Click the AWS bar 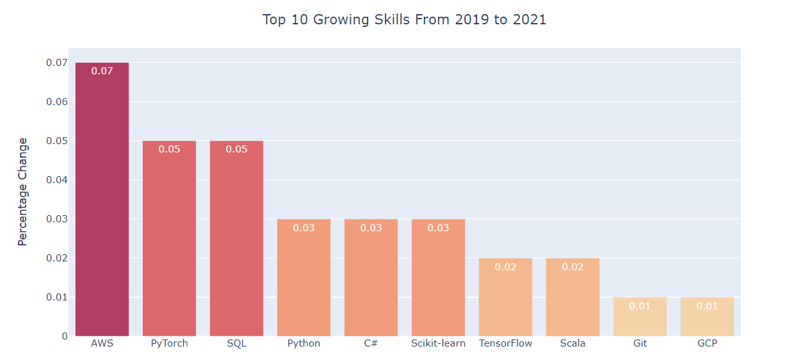coord(102,205)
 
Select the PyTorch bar coord(169,243)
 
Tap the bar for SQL coord(236,243)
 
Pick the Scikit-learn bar coord(438,282)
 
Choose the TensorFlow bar coord(505,301)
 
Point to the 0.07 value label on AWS coord(102,71)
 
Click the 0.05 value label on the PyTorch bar coord(169,149)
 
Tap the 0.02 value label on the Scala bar coord(573,267)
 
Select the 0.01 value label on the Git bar coord(640,306)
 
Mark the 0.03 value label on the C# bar coord(371,228)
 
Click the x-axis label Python coord(304,343)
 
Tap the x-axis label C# coord(371,343)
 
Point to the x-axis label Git coord(640,343)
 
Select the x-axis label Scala coord(573,343)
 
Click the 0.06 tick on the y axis coord(56,102)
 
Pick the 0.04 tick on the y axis coord(56,180)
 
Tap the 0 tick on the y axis coord(65,336)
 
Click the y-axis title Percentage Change coord(23,192)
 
